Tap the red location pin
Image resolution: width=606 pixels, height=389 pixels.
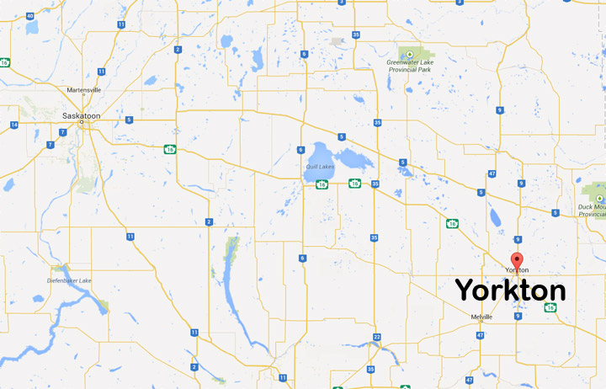point(517,260)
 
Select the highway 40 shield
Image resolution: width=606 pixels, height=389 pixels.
point(30,16)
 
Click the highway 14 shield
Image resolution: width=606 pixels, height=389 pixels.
point(15,125)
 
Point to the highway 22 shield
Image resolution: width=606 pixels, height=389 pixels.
point(377,338)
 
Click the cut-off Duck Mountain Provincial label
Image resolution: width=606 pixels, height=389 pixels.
point(592,210)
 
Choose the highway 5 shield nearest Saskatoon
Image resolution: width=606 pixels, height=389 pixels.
point(129,120)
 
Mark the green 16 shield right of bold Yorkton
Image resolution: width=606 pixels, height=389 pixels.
point(550,308)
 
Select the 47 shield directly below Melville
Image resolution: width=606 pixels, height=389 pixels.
point(480,335)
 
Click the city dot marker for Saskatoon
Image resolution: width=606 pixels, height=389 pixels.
point(82,123)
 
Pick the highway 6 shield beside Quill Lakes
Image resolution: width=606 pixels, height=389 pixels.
point(300,150)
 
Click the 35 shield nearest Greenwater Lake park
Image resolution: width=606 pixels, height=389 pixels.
point(357,35)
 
